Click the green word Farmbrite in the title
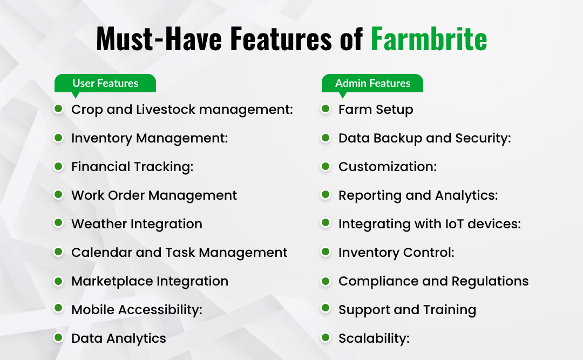(x=429, y=39)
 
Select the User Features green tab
(x=105, y=83)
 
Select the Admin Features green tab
(x=372, y=83)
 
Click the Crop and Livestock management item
(x=182, y=110)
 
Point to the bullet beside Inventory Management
(x=58, y=138)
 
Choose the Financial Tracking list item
(x=132, y=167)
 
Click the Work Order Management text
(x=154, y=195)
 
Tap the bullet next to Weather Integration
(x=58, y=223)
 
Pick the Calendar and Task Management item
(x=179, y=253)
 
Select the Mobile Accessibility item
(x=137, y=310)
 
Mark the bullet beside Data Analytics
(x=58, y=338)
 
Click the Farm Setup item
(x=376, y=110)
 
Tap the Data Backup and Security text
(x=424, y=138)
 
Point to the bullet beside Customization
(x=326, y=166)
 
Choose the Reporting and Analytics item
(x=418, y=195)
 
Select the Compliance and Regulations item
(x=433, y=281)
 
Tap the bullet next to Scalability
(x=326, y=338)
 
